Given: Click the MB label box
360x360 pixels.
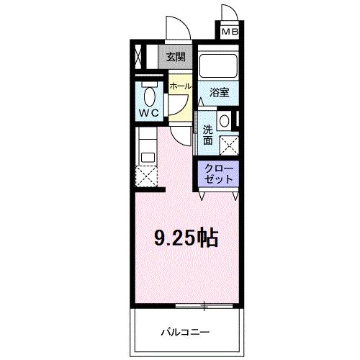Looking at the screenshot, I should [x=229, y=32].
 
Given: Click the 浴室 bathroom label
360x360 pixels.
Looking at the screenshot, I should [x=220, y=92].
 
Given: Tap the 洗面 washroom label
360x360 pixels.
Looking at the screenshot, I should [x=207, y=135].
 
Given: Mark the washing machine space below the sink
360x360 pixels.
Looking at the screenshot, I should [x=230, y=144].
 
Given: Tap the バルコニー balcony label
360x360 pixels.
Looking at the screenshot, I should [x=184, y=333].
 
